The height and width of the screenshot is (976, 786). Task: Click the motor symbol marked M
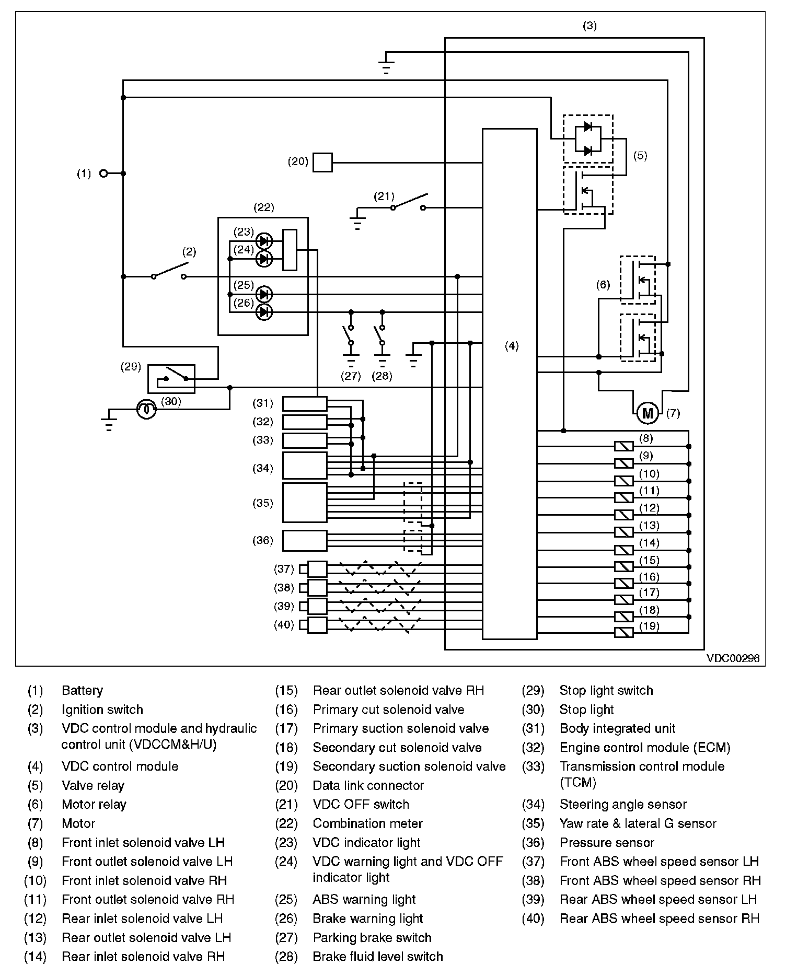648,413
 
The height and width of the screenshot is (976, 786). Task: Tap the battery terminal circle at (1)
103,173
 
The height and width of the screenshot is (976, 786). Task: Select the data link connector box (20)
322,162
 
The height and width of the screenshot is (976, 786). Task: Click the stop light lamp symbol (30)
146,410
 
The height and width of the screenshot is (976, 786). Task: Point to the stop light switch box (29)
171,379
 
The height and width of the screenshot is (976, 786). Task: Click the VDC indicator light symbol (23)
265,241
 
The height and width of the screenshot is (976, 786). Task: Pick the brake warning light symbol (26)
265,312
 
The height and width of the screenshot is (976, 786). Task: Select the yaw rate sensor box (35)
305,503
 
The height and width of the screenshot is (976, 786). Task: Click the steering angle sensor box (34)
305,466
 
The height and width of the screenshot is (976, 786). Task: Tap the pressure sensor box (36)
305,541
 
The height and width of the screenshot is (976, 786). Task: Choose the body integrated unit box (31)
305,404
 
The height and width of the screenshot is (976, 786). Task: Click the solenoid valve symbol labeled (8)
623,446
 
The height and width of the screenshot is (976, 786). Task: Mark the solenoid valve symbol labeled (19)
623,633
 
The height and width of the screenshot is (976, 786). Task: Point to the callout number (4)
512,346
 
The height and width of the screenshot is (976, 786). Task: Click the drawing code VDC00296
733,658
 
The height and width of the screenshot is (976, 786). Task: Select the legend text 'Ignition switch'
102,710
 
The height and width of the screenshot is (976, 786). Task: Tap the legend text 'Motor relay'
94,804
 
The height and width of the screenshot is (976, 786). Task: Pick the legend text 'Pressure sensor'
607,842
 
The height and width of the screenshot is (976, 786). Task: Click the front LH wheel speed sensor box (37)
317,569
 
